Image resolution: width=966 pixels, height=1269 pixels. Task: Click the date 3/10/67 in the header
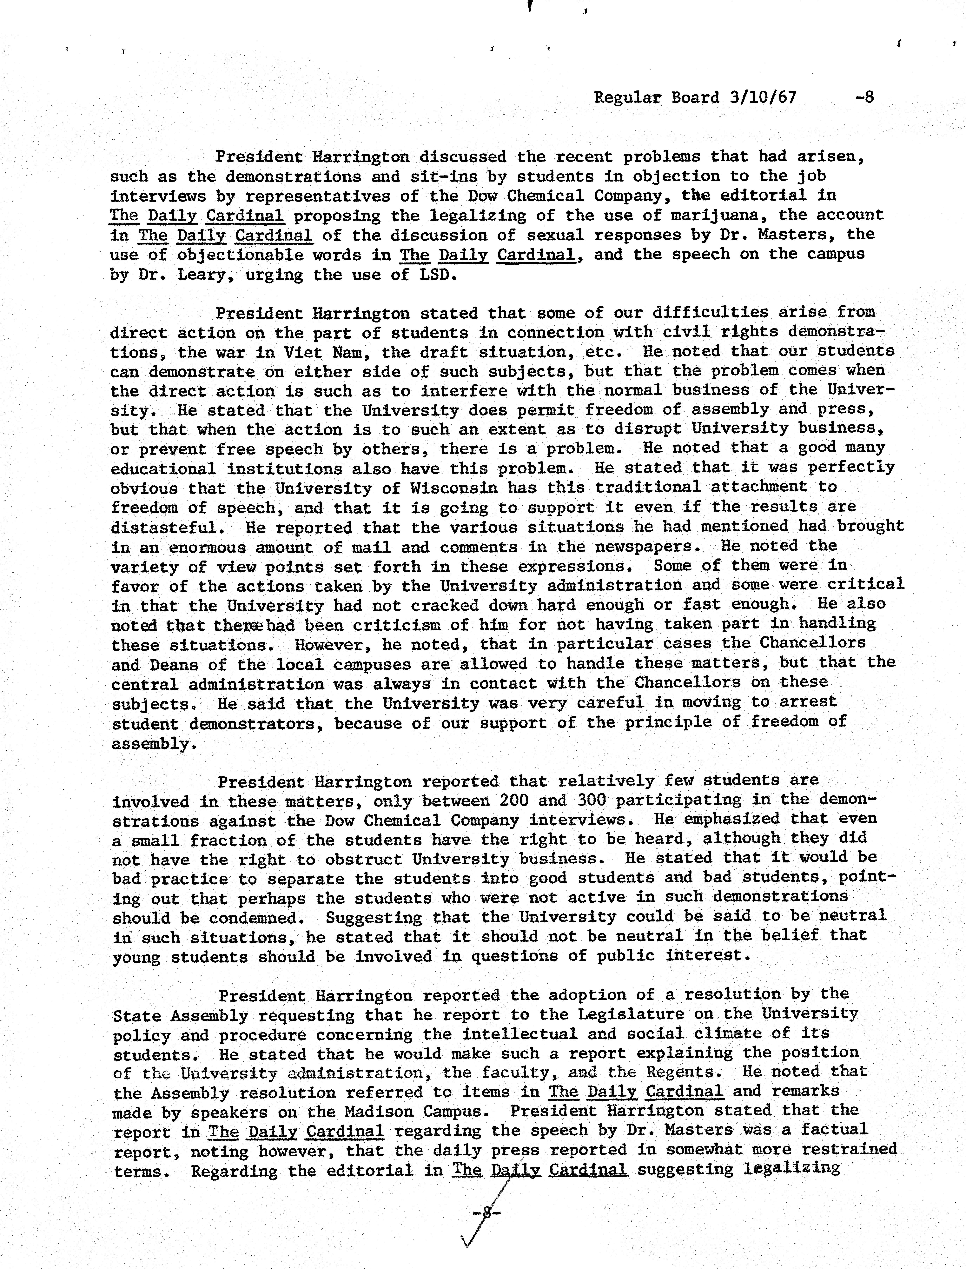[x=763, y=97]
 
